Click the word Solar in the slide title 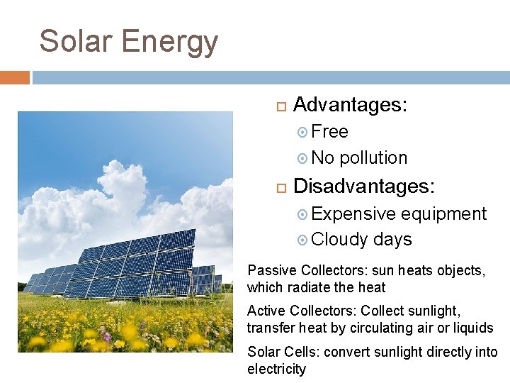click(x=76, y=41)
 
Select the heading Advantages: click(x=350, y=105)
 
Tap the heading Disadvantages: click(x=365, y=187)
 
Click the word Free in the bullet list click(x=329, y=132)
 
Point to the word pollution click(x=373, y=157)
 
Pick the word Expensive click(x=353, y=213)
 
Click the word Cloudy click(x=339, y=240)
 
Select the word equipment click(x=444, y=214)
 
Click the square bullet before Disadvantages click(x=280, y=187)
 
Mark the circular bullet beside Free click(x=302, y=132)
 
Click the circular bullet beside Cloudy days click(x=302, y=240)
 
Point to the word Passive click(x=272, y=270)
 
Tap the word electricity click(x=276, y=369)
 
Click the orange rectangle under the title click(x=15, y=77)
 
